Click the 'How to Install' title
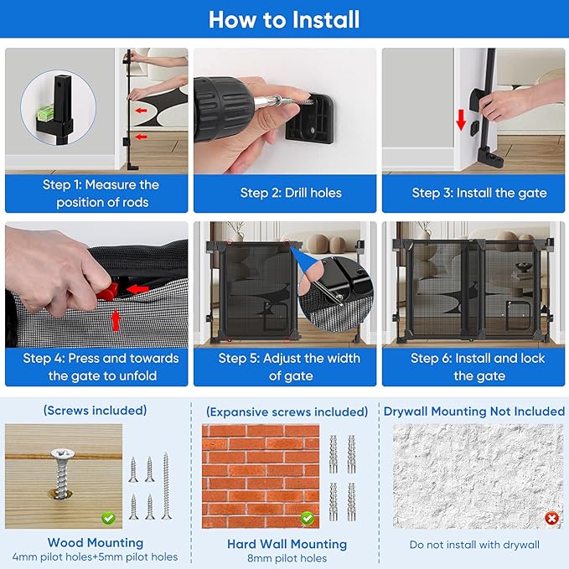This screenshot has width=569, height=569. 284,19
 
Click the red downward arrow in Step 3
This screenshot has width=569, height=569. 461,120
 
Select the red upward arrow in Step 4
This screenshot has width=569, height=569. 116,320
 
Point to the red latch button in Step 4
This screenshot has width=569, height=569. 108,291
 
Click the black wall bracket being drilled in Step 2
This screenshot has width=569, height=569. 309,119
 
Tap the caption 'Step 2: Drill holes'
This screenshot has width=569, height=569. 291,193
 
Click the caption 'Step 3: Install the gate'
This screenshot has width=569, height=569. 479,193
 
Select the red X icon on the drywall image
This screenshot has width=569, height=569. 551,518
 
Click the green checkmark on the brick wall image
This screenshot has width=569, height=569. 307,518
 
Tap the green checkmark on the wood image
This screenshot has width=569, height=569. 108,518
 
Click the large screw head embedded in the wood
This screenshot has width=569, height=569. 63,454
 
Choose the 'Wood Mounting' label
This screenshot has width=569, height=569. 96,542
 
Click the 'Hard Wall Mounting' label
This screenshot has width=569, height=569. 287,544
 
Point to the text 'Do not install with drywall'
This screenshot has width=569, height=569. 474,545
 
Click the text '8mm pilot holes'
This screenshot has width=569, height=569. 287,558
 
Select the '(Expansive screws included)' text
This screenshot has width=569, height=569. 287,411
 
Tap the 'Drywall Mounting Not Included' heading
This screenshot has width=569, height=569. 474,411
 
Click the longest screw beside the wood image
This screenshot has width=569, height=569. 166,485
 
